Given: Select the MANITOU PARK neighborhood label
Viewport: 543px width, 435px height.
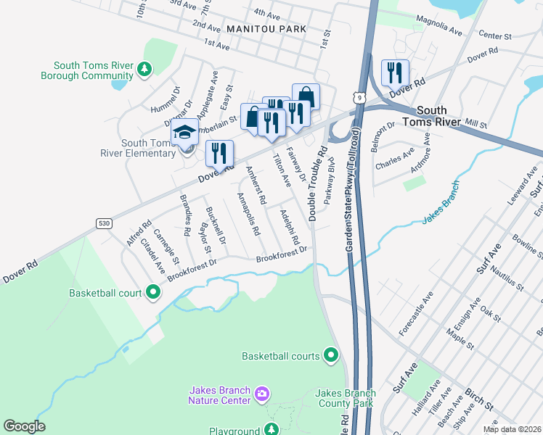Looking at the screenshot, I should [x=266, y=28].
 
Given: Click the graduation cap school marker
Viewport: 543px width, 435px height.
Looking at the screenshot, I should [x=184, y=133].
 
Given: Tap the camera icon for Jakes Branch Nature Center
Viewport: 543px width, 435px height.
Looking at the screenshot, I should [x=262, y=394].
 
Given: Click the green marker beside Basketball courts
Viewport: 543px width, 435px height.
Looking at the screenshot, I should [x=331, y=355].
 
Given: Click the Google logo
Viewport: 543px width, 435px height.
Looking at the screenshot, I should [x=24, y=426].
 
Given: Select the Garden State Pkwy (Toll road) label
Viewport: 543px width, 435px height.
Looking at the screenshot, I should [x=351, y=191].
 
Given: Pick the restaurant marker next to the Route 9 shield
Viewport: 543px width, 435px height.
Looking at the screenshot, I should [x=394, y=72].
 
